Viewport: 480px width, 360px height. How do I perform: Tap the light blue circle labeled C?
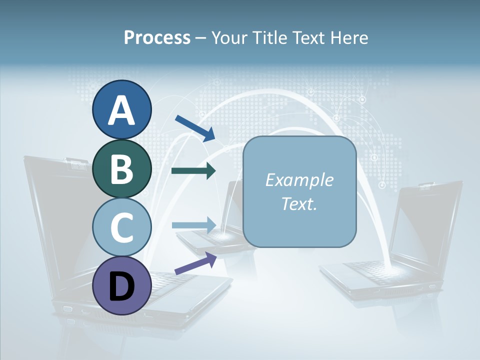[x=121, y=227]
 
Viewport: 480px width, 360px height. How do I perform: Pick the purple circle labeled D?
[x=121, y=286]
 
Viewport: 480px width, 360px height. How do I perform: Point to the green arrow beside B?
[x=193, y=171]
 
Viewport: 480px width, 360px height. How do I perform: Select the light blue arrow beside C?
[x=193, y=225]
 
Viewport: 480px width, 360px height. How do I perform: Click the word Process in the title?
[x=157, y=38]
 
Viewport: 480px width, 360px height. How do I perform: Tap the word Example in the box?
[x=299, y=180]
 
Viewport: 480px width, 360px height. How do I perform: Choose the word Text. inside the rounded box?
[x=299, y=203]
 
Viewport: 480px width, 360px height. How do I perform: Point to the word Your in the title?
[x=228, y=38]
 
